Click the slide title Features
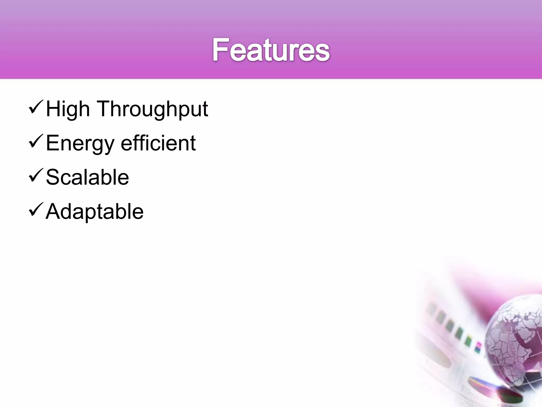(271, 50)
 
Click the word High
(68, 109)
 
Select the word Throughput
(153, 109)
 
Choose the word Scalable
(87, 177)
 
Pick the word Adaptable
(94, 211)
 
